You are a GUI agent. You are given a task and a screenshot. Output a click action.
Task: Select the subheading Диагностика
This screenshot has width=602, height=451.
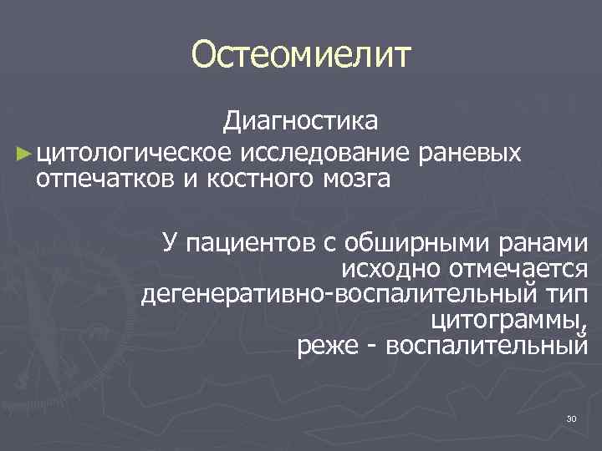coord(300,123)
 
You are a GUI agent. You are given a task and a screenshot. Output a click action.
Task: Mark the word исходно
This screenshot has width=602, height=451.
coord(390,269)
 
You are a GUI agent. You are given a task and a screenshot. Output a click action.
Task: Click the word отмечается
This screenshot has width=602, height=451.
coord(518,269)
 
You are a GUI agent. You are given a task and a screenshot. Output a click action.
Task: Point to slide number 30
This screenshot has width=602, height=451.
coord(572,418)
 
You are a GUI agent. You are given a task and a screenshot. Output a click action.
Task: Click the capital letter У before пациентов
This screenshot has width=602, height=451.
coord(170,242)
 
